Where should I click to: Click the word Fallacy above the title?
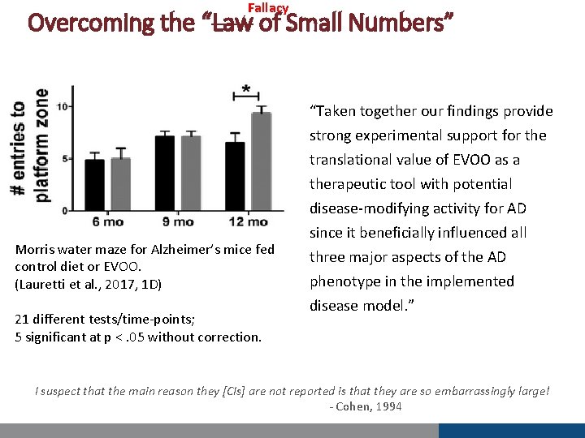(268, 8)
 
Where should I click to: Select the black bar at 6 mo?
(95, 184)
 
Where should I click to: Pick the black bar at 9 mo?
(165, 172)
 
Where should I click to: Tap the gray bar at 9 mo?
(191, 172)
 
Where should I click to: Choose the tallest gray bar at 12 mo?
(261, 161)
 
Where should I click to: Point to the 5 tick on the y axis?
(64, 158)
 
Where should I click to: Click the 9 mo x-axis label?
(178, 221)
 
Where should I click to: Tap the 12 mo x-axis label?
(248, 221)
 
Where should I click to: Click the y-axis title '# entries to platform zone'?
(28, 151)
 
